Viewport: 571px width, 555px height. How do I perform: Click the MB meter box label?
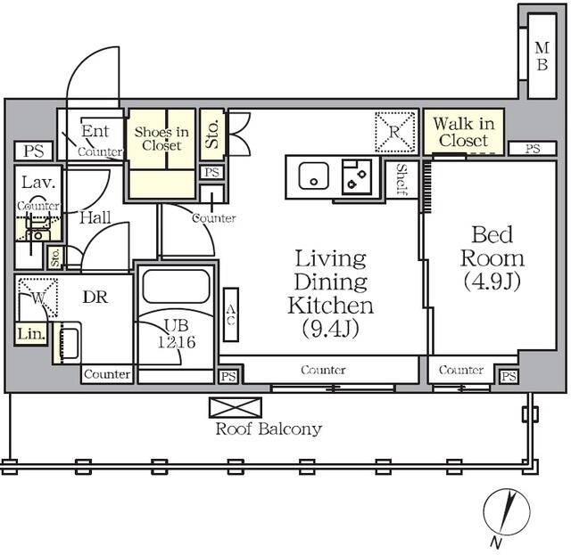542,56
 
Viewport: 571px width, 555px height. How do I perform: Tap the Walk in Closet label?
464,132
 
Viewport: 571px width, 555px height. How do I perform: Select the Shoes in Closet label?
161,139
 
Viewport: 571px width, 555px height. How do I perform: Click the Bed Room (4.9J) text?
492,258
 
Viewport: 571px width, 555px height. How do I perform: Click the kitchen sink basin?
313,176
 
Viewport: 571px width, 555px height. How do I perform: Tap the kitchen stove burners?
357,176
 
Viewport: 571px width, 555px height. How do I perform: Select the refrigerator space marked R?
395,132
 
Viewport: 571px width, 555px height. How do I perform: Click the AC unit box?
231,315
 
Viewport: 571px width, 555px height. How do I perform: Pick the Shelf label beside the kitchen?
401,180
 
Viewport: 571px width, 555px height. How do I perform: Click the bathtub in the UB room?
177,286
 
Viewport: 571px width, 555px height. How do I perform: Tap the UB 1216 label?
177,333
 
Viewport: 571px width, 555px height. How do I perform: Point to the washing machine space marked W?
38,298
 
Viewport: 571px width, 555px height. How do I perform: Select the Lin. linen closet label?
31,334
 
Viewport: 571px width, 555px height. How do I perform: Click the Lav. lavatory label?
38,183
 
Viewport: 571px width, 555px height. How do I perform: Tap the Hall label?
95,217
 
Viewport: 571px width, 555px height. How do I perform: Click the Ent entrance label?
95,131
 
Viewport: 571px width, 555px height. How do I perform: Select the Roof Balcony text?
269,429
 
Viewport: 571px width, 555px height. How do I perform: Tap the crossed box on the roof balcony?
236,407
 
